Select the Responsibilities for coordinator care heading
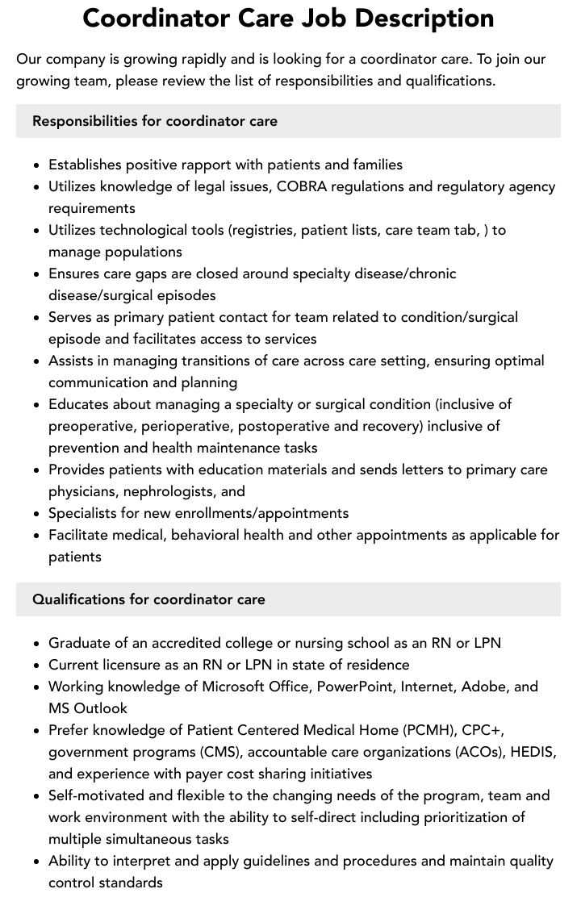[x=155, y=121]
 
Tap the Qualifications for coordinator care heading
[x=148, y=599]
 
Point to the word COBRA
[x=303, y=186]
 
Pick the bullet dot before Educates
[x=37, y=405]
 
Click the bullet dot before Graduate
[x=37, y=644]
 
